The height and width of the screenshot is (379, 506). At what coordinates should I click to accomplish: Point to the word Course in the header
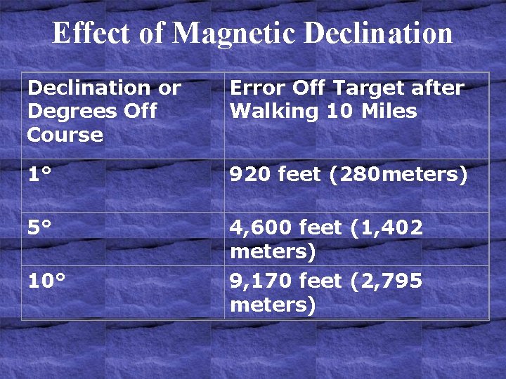(x=65, y=135)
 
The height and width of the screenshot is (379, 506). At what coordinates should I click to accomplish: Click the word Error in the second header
(x=254, y=88)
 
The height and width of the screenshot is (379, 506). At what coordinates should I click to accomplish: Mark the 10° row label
(x=46, y=281)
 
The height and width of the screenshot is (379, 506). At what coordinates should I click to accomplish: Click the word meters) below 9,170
(x=273, y=305)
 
